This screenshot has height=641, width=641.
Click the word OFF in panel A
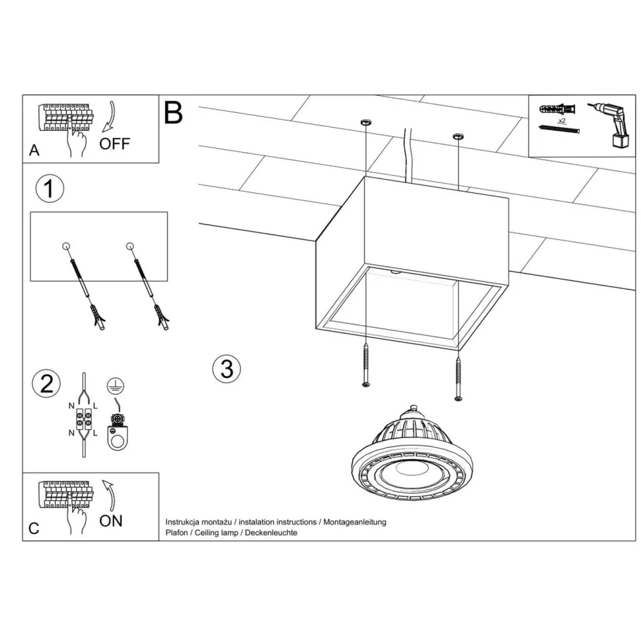pos(115,143)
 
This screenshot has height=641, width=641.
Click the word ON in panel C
pos(111,521)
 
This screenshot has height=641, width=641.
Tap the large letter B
pos(173,113)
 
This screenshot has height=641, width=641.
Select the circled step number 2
pos(46,384)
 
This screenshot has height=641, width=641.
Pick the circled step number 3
pos(227,369)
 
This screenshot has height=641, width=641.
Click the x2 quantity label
pos(561,122)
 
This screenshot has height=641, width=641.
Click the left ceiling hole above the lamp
pos(365,123)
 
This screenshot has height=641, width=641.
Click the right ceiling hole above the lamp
pos(458,137)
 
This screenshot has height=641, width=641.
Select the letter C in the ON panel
pos(34,529)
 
